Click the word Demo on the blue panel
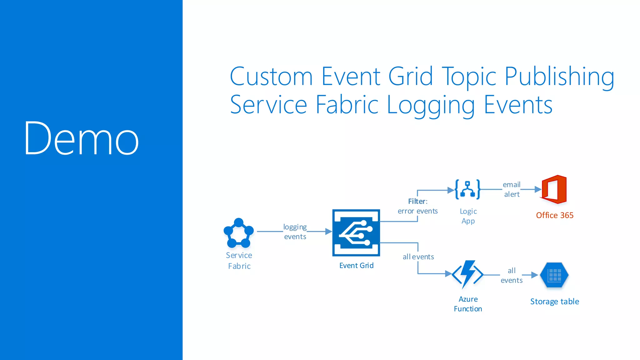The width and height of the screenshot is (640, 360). tap(81, 138)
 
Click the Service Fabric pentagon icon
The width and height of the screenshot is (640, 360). tap(238, 233)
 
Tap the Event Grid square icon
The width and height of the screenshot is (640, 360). tap(356, 233)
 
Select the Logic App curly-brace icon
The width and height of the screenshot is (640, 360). tap(467, 189)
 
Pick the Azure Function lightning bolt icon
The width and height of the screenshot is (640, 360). tap(468, 274)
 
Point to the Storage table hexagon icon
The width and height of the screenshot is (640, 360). tap(554, 275)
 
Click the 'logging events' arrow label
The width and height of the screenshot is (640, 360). tap(295, 232)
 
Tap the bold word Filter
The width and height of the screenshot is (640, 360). tap(417, 201)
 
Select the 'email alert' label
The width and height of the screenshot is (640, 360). tap(512, 189)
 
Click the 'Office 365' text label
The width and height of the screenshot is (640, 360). tap(555, 215)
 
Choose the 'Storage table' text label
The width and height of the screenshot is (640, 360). tap(554, 302)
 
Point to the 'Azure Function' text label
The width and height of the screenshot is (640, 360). tap(468, 304)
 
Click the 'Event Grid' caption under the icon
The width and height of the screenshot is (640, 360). tap(356, 266)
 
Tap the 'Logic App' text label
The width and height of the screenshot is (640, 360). tap(468, 216)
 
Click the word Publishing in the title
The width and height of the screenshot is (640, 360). tap(559, 77)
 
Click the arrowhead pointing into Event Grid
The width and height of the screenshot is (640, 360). tap(328, 232)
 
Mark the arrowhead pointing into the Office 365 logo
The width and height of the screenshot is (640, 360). tap(538, 189)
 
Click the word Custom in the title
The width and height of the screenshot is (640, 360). tap(271, 77)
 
